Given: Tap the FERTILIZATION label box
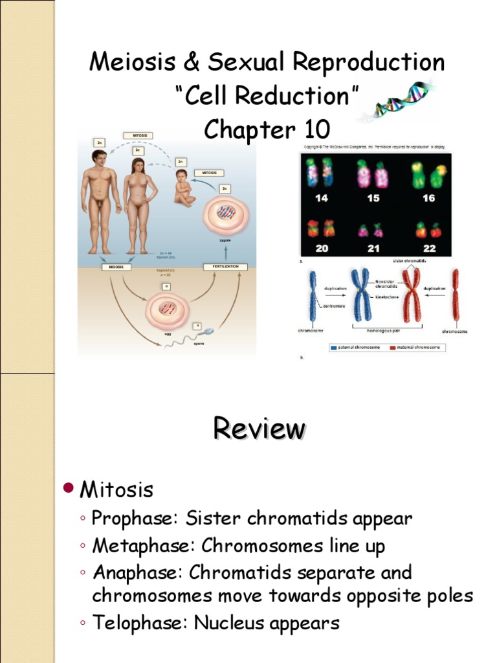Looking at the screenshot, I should (222, 267).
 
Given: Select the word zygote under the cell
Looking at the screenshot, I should (225, 240).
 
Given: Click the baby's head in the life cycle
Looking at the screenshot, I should (181, 175).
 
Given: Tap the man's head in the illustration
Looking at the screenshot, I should (99, 157).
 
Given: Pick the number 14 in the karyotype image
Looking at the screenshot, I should (322, 199).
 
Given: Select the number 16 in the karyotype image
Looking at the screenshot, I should (428, 199).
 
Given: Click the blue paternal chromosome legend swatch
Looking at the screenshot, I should (333, 347).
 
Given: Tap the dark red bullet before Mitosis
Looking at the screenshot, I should (69, 488).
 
